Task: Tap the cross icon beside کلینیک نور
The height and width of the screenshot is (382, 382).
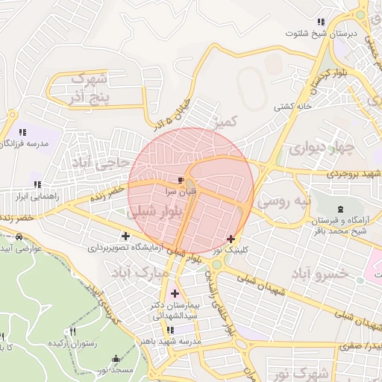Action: point(231,239)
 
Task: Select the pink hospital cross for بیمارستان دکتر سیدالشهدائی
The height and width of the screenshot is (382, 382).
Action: point(175,292)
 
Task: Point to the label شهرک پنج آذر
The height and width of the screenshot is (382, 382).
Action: point(89,87)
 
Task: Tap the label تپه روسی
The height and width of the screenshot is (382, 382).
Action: point(281,202)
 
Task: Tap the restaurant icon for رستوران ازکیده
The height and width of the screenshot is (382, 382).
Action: point(72,332)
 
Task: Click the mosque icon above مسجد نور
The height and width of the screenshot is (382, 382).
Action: point(114,360)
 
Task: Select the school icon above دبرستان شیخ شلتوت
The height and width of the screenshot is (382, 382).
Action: point(321,22)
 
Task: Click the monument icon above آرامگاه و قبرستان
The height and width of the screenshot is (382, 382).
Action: point(340,209)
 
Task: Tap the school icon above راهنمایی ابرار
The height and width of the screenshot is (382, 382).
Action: point(37,184)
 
